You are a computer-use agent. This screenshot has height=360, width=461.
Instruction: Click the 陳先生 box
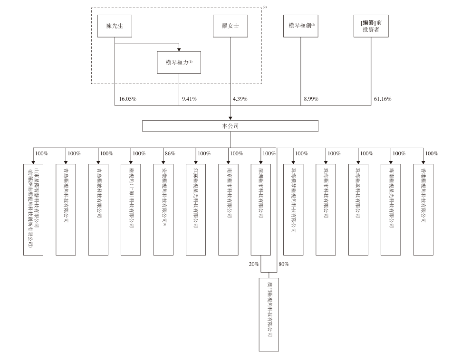tap(115, 27)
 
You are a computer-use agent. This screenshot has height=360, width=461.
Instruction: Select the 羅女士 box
tap(230, 27)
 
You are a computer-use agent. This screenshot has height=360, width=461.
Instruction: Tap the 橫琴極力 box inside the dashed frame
tap(179, 63)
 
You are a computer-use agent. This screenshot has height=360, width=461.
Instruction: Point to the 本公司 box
tap(230, 126)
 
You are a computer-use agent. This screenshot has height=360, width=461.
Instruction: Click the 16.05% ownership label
tap(128, 99)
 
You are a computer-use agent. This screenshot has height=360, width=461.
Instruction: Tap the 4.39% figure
tap(240, 99)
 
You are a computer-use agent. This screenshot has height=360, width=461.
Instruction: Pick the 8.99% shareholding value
tap(311, 99)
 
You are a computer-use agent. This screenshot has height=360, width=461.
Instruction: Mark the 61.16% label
tap(383, 99)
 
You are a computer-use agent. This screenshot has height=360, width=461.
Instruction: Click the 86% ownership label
tap(170, 153)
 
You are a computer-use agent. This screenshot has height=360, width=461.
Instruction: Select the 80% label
tap(284, 264)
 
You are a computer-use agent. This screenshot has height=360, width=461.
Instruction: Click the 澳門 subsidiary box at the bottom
tap(269, 314)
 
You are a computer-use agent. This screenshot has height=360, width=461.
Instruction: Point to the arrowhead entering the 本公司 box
tap(230, 118)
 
